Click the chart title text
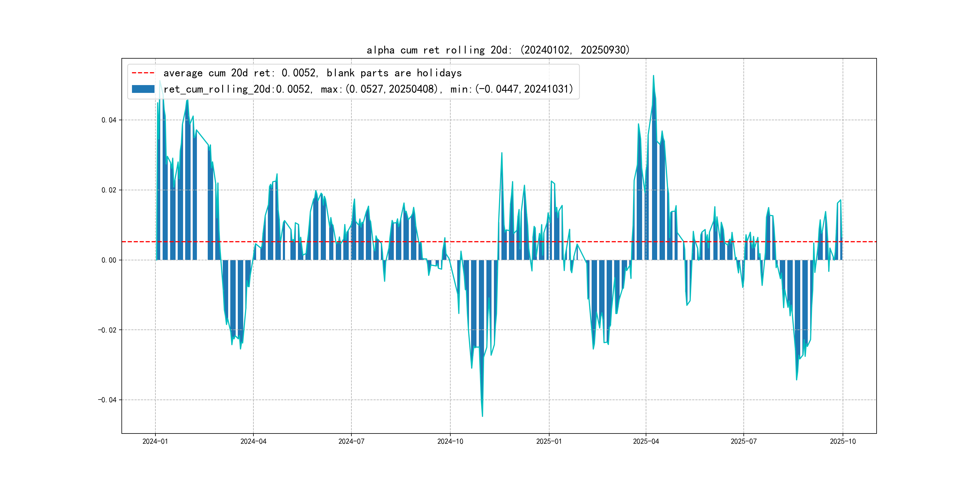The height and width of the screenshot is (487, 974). [498, 50]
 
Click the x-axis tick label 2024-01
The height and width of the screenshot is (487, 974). [155, 441]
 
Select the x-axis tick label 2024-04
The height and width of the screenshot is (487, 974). [253, 441]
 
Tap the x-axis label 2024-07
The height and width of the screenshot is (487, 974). [351, 441]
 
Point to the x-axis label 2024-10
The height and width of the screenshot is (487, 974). [450, 441]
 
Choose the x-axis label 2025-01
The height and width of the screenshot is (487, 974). [549, 441]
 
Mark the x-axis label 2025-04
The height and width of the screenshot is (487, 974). [646, 441]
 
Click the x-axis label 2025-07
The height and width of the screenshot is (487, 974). [744, 441]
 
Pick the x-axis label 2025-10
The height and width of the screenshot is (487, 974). [843, 441]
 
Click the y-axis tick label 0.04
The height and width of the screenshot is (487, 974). [109, 120]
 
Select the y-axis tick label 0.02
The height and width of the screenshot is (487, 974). [109, 190]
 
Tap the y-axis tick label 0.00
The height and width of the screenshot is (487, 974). [109, 260]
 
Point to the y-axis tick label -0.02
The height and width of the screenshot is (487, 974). [107, 330]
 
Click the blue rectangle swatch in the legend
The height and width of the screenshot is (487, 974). [143, 89]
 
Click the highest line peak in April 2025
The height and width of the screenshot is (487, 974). [653, 76]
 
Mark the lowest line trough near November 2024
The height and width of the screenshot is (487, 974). [482, 416]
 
